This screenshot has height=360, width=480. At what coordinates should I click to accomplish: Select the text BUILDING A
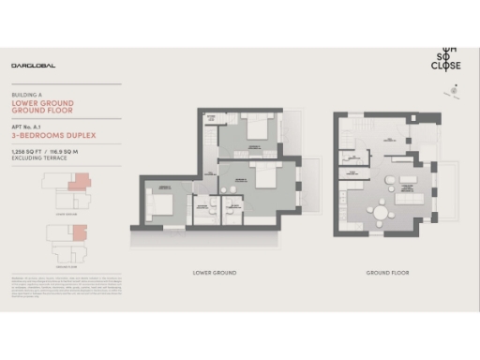click(x=26, y=96)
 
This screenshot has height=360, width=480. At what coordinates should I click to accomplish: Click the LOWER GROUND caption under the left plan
click(x=214, y=273)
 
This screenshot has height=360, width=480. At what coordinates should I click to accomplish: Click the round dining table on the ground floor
click(x=381, y=214)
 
